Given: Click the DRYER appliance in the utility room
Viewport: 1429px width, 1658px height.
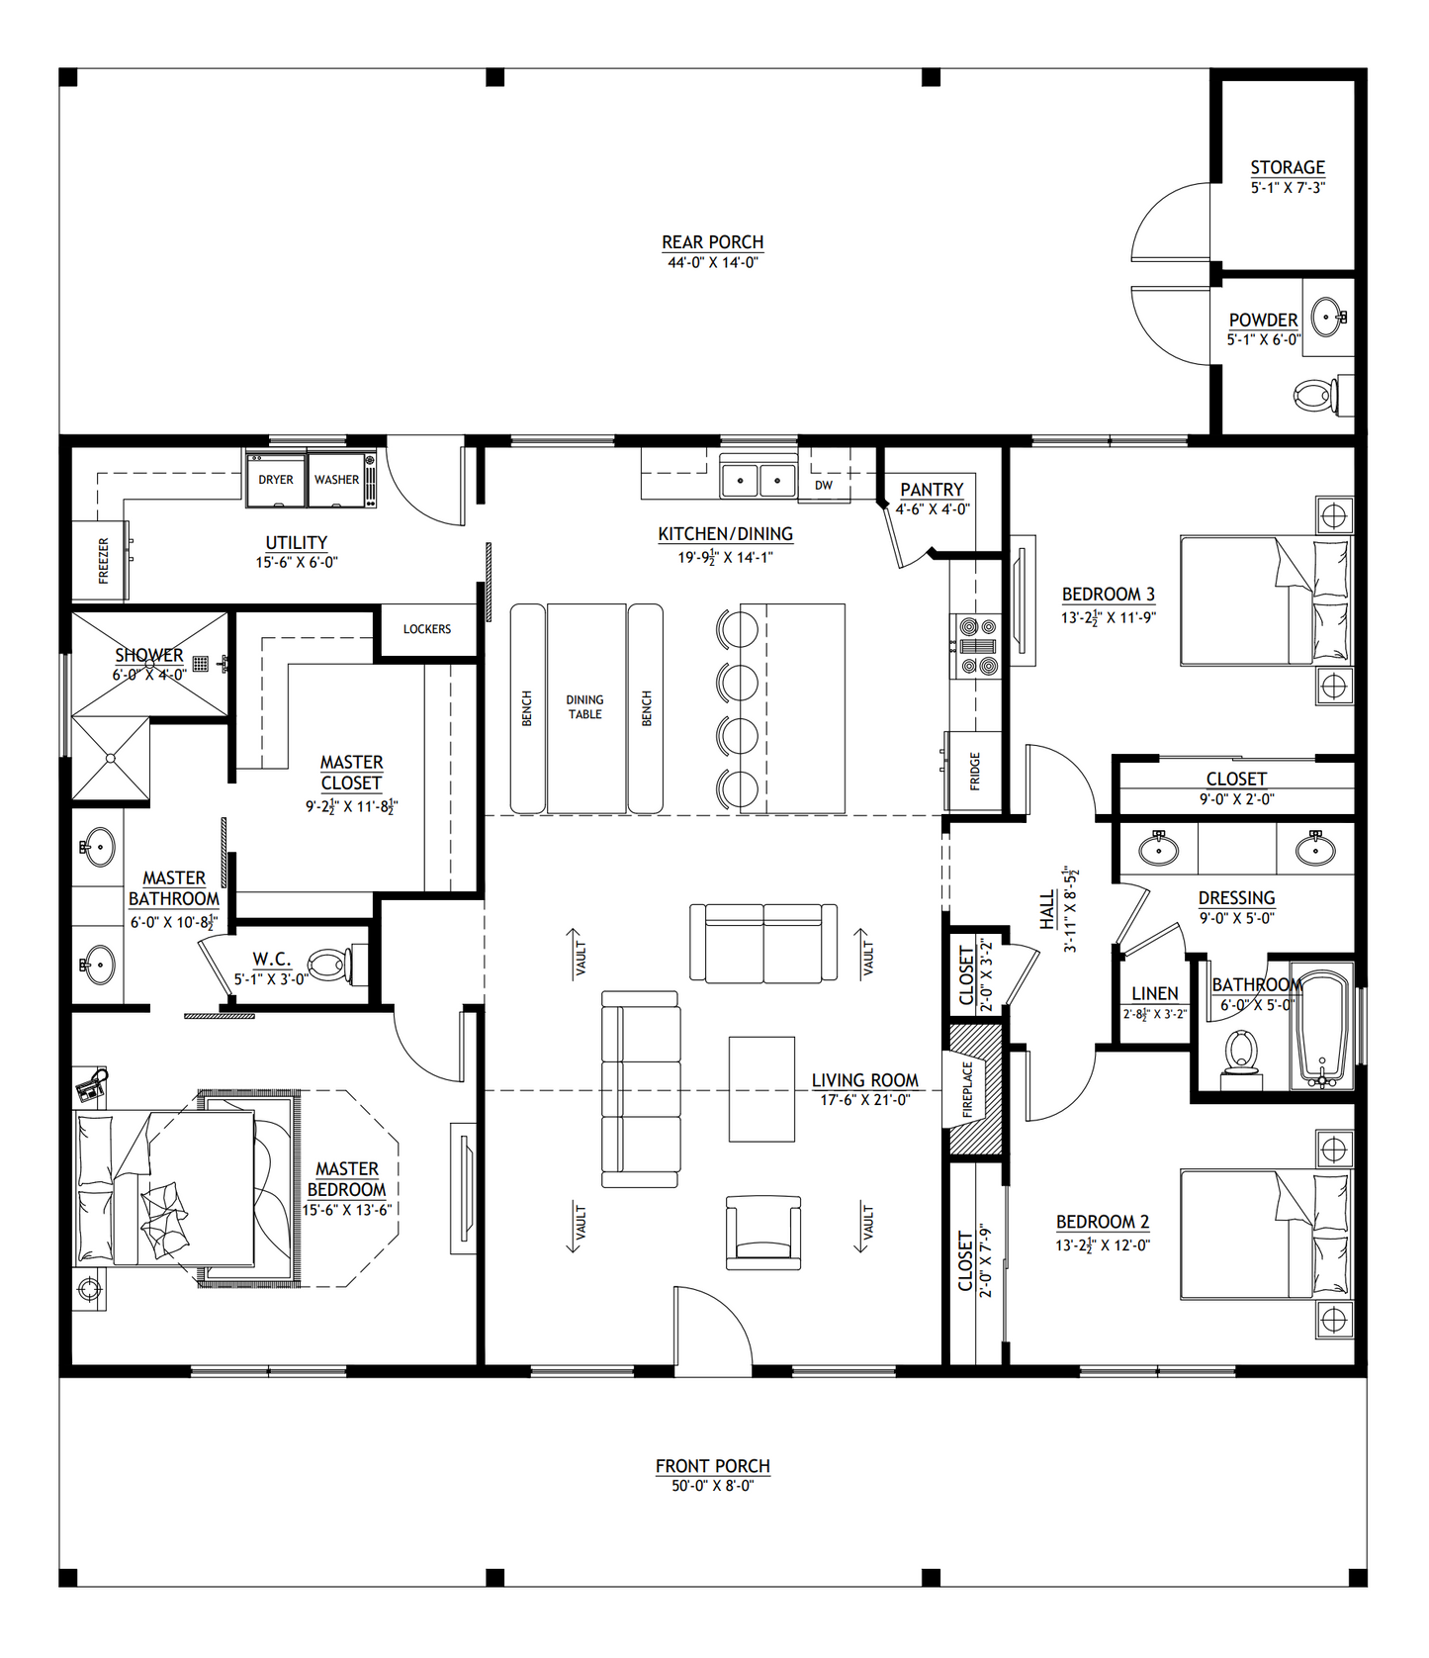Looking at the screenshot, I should (276, 480).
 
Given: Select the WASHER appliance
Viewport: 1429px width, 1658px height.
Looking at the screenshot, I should (337, 480).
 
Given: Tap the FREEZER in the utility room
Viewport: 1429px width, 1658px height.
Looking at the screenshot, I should (100, 561).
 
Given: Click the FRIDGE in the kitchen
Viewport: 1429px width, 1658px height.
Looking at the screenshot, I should (974, 771).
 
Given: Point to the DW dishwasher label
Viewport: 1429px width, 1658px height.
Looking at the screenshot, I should (824, 486).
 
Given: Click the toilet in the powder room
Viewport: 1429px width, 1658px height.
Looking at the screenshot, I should (1315, 397).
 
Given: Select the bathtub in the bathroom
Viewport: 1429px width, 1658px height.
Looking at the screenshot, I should (1321, 1029).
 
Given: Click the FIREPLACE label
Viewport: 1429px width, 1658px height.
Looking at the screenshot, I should (968, 1089).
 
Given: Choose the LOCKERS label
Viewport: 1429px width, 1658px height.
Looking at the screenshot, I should (427, 629).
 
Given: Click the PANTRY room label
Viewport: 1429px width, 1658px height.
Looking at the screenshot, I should (932, 490).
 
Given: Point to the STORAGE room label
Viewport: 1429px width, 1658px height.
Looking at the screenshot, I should (1288, 167).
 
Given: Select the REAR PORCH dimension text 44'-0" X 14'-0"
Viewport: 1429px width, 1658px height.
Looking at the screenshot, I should (712, 263).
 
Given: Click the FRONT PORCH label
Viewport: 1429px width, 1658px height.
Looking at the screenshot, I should (712, 1466).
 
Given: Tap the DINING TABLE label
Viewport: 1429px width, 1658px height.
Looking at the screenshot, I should (585, 706).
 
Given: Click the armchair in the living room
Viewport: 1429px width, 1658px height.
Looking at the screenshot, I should (762, 1233).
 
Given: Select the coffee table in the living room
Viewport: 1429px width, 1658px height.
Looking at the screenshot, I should (761, 1089).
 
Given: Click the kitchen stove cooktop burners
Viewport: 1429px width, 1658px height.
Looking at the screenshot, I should (977, 646).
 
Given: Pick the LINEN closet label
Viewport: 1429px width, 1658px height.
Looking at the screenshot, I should (1154, 993).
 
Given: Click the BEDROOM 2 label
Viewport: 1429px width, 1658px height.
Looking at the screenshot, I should (1102, 1222).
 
